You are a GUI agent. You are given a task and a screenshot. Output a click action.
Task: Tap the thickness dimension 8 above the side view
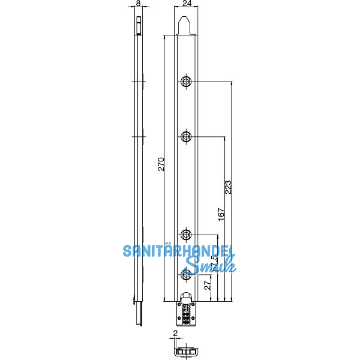(139, 4)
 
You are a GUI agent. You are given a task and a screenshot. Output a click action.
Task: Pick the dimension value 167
(221, 215)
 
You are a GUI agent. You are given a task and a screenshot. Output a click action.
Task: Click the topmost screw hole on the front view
(187, 82)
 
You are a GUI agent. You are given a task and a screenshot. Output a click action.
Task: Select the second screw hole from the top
(187, 137)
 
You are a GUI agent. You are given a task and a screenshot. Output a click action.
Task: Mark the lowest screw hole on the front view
(187, 274)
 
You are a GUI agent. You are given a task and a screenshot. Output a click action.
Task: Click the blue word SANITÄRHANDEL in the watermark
(178, 251)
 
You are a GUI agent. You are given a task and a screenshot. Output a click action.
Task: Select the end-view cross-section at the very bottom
(185, 349)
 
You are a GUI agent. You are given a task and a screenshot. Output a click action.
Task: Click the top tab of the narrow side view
(139, 26)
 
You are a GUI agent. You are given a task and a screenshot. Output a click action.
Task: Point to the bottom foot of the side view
(140, 313)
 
